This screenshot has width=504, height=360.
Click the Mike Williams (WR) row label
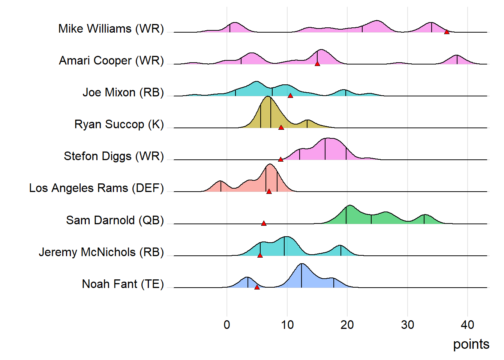111,29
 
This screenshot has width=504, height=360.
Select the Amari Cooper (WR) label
111,61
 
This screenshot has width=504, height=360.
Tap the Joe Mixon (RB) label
123,93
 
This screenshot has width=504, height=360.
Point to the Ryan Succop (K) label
119,124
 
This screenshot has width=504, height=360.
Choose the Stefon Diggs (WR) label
114,156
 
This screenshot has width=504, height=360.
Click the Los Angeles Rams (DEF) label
96,188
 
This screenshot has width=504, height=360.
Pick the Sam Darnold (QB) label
115,220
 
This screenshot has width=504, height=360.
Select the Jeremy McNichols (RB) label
101,252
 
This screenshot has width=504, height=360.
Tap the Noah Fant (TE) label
123,284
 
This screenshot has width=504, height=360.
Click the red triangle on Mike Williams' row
447,32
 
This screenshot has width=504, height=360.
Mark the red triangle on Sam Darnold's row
264,223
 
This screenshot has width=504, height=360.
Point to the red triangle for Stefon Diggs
280,159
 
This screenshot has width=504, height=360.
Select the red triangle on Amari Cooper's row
317,64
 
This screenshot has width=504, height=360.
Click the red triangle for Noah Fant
257,287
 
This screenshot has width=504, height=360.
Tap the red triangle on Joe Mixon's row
290,96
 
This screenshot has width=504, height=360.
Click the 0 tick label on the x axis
227,325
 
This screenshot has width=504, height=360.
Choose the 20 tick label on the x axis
347,325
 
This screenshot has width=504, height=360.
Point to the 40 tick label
468,325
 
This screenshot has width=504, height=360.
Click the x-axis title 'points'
471,344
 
